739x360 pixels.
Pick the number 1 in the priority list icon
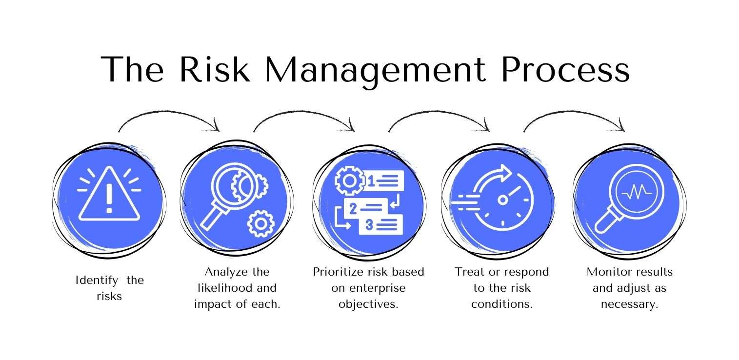pos(370,181)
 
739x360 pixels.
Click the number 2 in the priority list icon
pos(353,208)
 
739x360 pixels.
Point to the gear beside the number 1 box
pos(349,180)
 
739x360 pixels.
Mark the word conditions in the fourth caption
pos(501,304)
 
